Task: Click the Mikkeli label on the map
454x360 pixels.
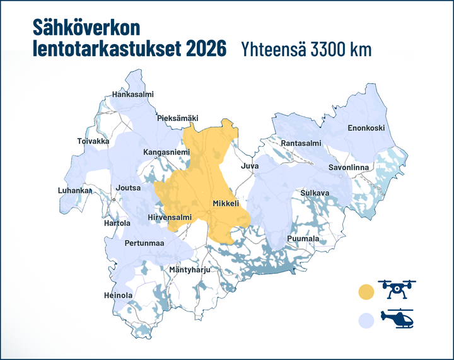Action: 225,204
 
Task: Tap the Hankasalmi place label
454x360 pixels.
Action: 132,95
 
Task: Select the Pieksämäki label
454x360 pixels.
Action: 177,118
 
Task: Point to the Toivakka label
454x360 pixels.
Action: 93,141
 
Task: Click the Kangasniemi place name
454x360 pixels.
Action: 166,152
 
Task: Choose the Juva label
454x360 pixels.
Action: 250,166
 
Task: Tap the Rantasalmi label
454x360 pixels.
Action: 301,144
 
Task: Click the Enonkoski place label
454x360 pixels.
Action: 366,128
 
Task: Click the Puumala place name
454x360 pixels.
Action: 303,239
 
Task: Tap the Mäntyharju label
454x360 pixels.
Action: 189,270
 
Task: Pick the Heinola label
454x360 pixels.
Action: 118,295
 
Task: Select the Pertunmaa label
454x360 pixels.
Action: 144,243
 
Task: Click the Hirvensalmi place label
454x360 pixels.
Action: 169,218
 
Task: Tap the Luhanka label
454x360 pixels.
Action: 75,190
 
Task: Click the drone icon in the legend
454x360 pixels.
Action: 397,289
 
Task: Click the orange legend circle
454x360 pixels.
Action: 366,292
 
